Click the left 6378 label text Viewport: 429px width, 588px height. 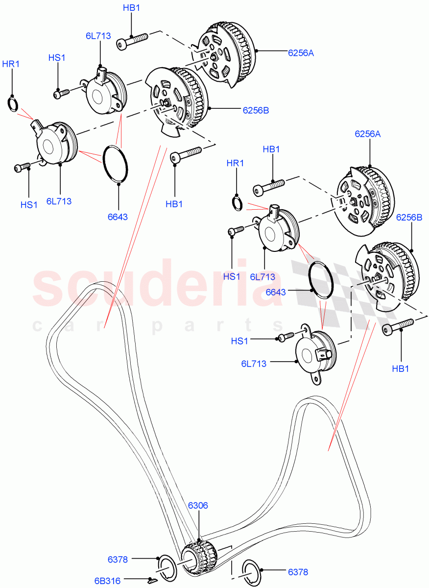119,559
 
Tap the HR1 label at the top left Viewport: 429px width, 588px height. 11,64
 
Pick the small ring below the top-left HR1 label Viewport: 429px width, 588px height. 13,105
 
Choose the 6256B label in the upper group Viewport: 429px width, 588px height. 256,111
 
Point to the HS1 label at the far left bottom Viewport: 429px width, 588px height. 29,205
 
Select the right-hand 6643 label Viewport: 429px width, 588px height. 276,292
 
